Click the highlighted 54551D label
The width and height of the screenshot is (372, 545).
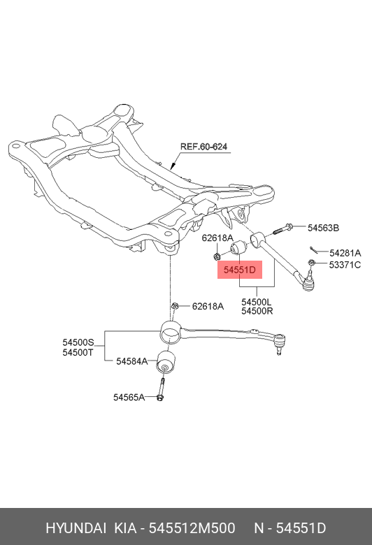[240, 270]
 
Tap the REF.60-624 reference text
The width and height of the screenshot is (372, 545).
[203, 147]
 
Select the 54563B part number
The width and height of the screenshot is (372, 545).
[323, 228]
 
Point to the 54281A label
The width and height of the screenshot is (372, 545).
[345, 253]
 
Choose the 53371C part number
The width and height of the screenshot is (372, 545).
[345, 265]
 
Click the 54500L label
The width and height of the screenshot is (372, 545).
[257, 302]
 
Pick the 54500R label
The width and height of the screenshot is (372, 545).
[257, 311]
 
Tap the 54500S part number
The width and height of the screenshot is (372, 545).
[78, 342]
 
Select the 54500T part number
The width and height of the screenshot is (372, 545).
[78, 352]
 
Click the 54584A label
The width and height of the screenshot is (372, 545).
[132, 361]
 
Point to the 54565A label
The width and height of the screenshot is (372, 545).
[129, 397]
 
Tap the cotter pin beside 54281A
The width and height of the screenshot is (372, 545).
[314, 250]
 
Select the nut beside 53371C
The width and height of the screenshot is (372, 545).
[311, 263]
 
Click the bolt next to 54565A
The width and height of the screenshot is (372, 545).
[161, 388]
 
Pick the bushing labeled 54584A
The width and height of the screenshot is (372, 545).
[165, 362]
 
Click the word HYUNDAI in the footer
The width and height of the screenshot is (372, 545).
[76, 528]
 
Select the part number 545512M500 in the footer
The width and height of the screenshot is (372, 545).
[192, 528]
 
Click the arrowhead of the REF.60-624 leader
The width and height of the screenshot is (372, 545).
[172, 166]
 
